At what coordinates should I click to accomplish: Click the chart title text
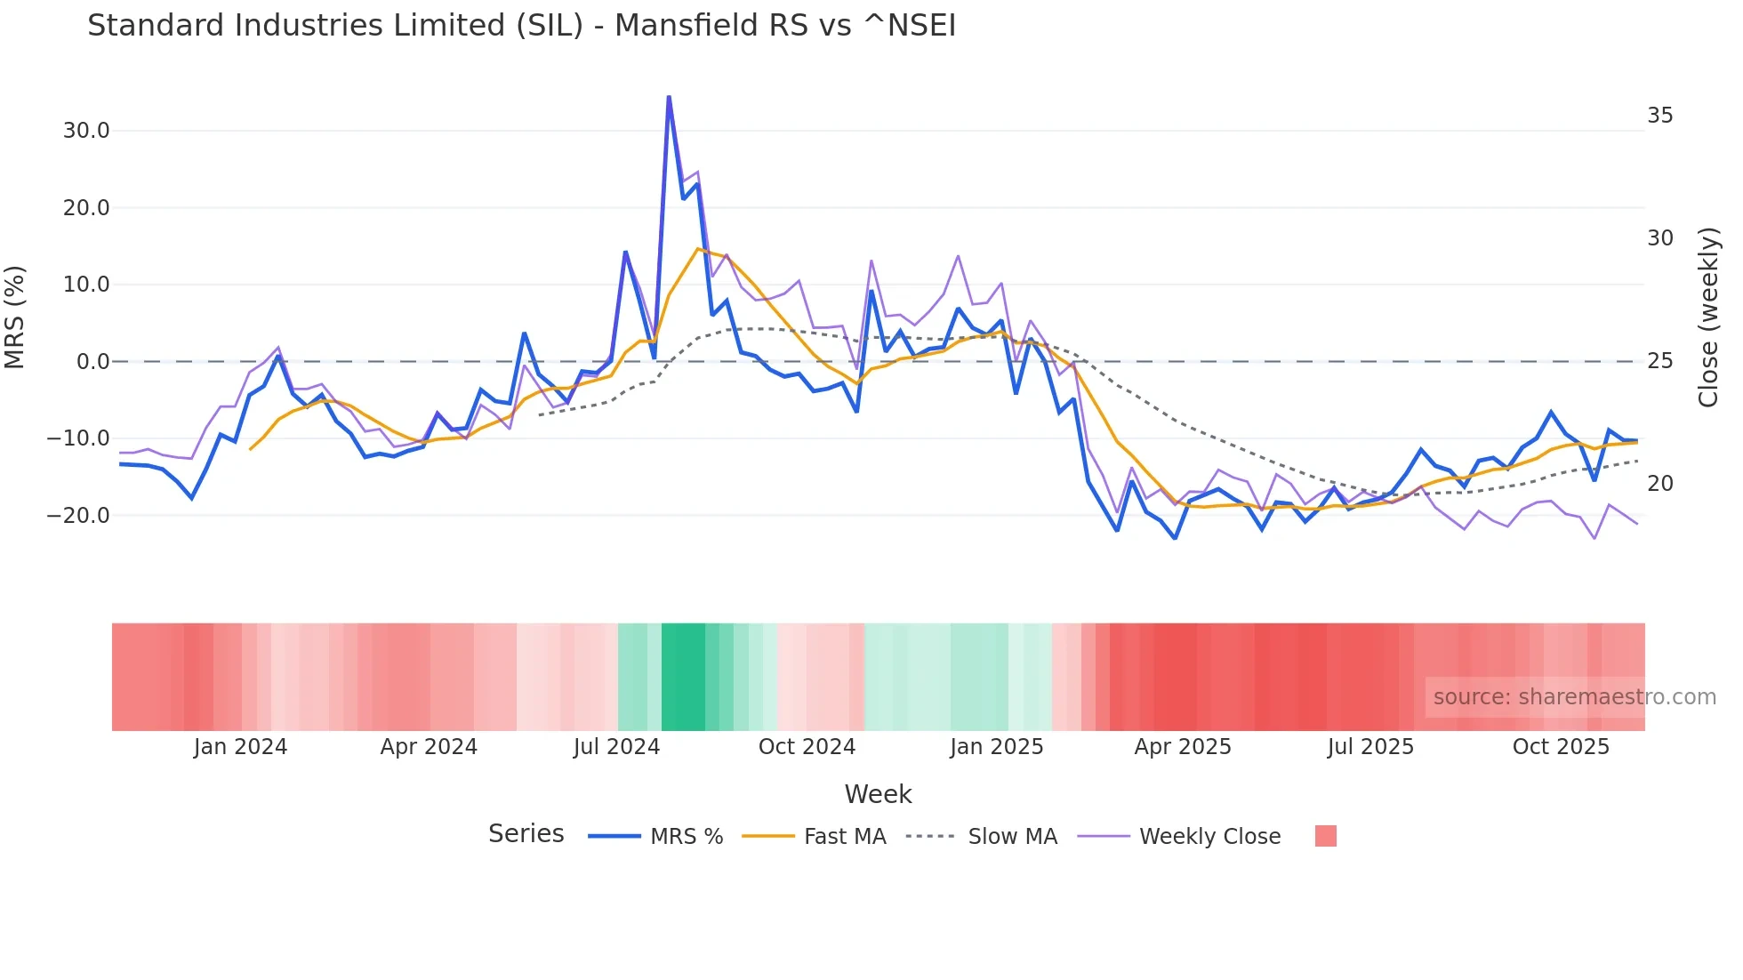[x=521, y=26]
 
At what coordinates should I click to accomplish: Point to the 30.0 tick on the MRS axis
[x=86, y=131]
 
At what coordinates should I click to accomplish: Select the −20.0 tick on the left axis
[x=78, y=516]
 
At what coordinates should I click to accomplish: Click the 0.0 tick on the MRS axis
[x=92, y=362]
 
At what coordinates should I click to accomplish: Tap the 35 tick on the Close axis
[x=1659, y=116]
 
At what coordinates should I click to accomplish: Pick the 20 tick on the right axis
[x=1659, y=484]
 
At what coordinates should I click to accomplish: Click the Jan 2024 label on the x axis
[x=240, y=747]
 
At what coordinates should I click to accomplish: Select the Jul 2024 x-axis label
[x=616, y=747]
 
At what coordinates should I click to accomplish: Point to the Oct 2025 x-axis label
[x=1561, y=747]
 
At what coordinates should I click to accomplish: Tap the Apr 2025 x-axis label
[x=1183, y=747]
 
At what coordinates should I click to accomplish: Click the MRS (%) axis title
[x=15, y=317]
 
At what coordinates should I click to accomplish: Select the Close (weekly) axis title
[x=1708, y=317]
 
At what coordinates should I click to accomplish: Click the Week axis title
[x=878, y=794]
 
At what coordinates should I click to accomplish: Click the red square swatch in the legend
[x=1325, y=836]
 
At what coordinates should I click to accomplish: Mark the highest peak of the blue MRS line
[x=669, y=97]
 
